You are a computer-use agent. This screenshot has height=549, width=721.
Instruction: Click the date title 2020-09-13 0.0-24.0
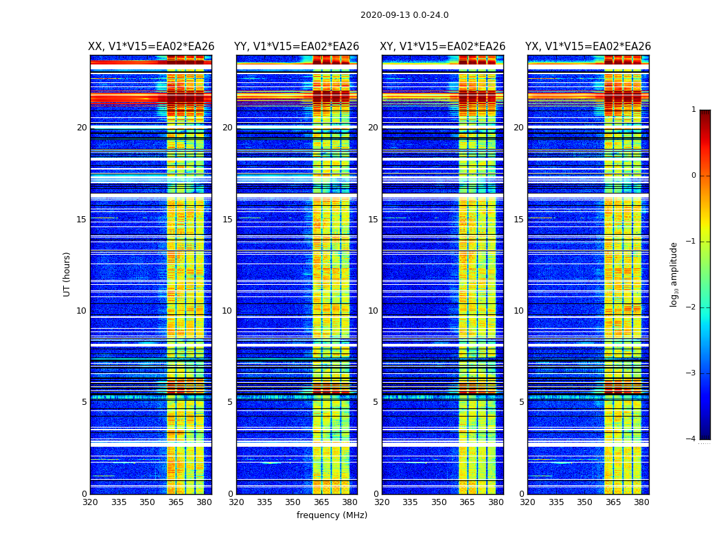pyautogui.click(x=404, y=15)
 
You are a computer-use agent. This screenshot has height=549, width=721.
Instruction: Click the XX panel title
pyautogui.click(x=151, y=47)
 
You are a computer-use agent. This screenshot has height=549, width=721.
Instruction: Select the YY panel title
pyautogui.click(x=297, y=47)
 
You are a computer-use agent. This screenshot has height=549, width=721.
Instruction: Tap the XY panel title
pyautogui.click(x=443, y=47)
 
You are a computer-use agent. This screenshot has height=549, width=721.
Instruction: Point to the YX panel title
pyautogui.click(x=588, y=47)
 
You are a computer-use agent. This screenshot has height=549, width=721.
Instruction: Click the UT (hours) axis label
pyautogui.click(x=67, y=274)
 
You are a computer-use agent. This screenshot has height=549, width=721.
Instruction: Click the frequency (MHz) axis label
pyautogui.click(x=332, y=515)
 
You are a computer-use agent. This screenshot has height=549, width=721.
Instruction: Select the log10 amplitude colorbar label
pyautogui.click(x=674, y=274)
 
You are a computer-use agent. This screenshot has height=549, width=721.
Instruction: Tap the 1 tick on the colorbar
pyautogui.click(x=694, y=110)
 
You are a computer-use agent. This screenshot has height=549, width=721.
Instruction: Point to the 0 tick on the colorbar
pyautogui.click(x=694, y=176)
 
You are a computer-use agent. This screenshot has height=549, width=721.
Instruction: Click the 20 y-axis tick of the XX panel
pyautogui.click(x=82, y=128)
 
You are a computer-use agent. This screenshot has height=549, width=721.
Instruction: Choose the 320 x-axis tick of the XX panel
pyautogui.click(x=90, y=502)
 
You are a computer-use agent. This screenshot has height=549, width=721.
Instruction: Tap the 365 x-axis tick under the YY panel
pyautogui.click(x=321, y=502)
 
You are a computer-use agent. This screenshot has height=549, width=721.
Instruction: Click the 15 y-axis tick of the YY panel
pyautogui.click(x=227, y=220)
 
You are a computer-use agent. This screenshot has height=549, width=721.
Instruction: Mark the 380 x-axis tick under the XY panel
pyautogui.click(x=496, y=502)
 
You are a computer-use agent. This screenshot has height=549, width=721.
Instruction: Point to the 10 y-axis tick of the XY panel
pyautogui.click(x=373, y=311)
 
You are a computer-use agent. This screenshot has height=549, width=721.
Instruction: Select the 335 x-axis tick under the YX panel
pyautogui.click(x=556, y=502)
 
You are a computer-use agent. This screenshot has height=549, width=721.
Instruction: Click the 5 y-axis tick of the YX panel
pyautogui.click(x=521, y=402)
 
